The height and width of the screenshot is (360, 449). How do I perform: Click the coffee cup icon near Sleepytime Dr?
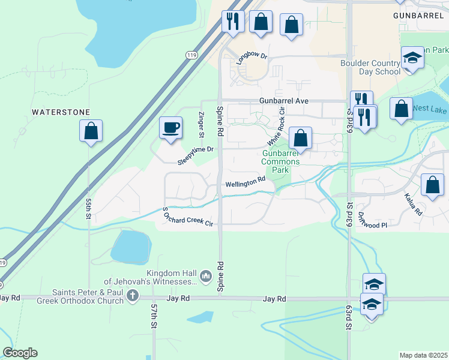pyautogui.click(x=170, y=127)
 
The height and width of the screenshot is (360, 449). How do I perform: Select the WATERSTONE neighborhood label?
pyautogui.click(x=61, y=112)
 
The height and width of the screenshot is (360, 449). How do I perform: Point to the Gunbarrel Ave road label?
pyautogui.click(x=284, y=101)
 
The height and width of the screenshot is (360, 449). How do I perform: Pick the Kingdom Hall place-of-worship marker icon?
pyautogui.click(x=206, y=275)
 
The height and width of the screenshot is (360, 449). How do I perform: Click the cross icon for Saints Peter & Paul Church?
pyautogui.click(x=133, y=296)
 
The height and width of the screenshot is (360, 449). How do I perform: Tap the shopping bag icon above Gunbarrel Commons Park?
pyautogui.click(x=300, y=138)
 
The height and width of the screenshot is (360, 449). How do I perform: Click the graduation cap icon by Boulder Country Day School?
pyautogui.click(x=412, y=58)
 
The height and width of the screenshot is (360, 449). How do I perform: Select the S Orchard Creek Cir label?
pyautogui.click(x=188, y=217)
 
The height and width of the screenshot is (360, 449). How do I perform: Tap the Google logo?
pyautogui.click(x=20, y=353)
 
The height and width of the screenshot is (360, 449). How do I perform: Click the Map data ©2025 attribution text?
pyautogui.click(x=423, y=355)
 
